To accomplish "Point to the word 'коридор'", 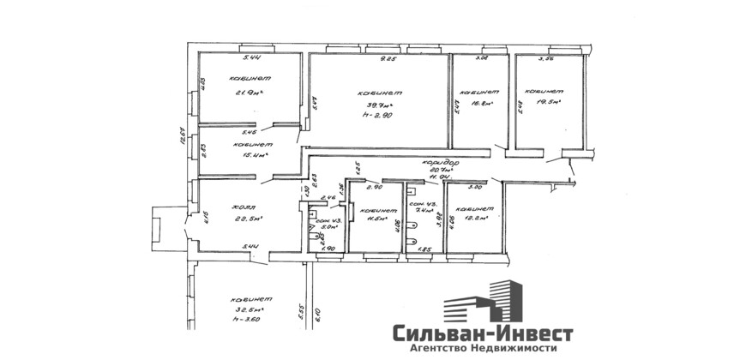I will click(438, 162).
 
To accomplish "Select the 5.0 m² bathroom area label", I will click(326, 229).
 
